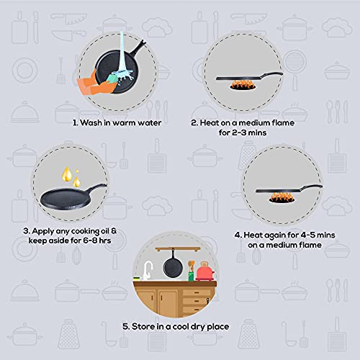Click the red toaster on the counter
204,272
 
